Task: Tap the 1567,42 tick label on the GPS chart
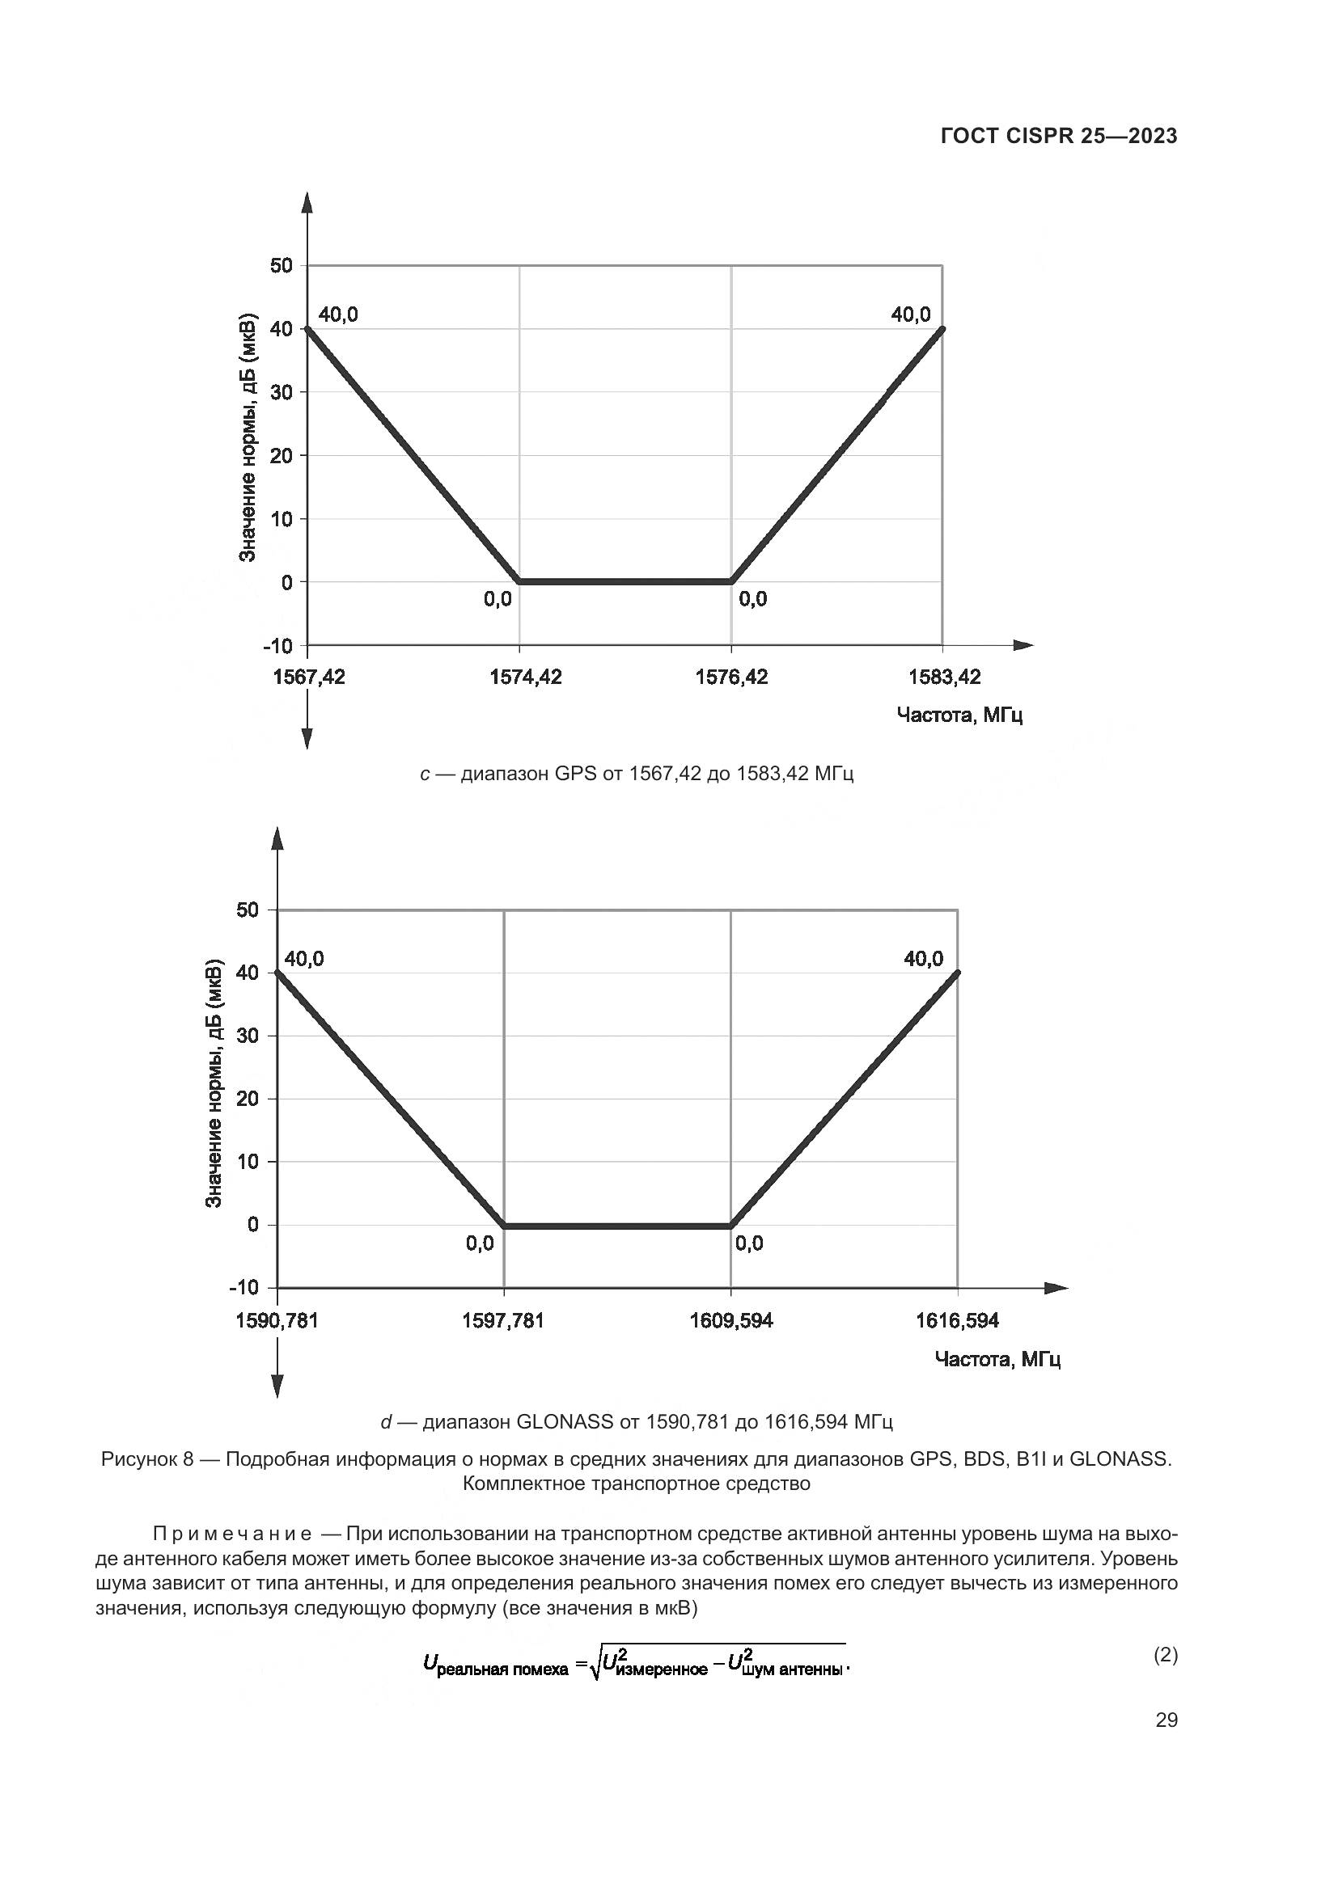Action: coord(309,677)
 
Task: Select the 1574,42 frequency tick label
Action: coord(526,677)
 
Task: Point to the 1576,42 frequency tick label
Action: coord(731,677)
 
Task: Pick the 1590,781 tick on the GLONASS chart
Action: coord(277,1321)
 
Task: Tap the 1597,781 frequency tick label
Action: coord(502,1321)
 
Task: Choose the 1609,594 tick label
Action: coord(730,1321)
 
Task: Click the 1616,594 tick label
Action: coord(957,1321)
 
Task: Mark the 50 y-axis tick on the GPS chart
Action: coord(281,265)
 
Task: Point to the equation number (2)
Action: coord(1165,1655)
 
